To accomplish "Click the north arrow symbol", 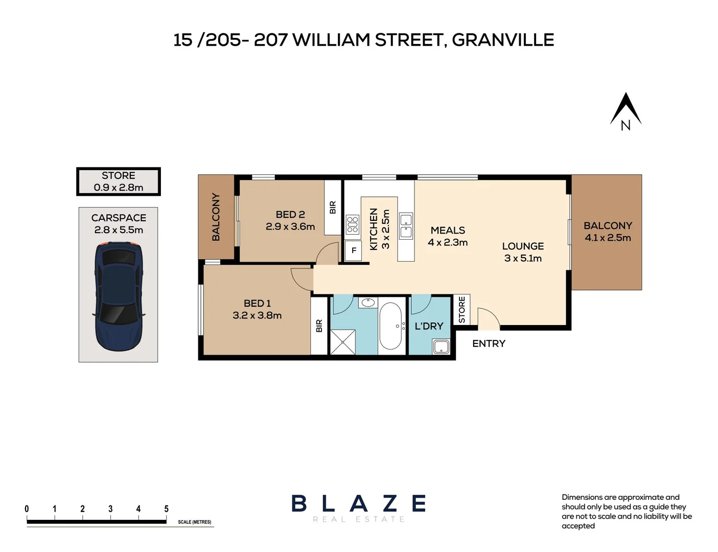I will [626, 111].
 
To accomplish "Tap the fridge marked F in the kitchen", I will [353, 250].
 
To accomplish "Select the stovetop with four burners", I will [352, 224].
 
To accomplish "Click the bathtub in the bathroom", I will [391, 326].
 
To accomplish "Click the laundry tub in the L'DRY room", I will [441, 347].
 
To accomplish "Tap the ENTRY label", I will [489, 343].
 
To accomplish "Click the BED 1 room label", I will [257, 303].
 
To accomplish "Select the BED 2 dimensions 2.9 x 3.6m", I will [290, 226].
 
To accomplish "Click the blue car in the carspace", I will [119, 296].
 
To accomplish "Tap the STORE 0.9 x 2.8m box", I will [119, 181].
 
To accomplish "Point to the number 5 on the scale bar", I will [166, 509].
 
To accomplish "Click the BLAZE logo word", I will [359, 504].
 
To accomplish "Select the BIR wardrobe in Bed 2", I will [333, 207].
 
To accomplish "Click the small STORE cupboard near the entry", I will [461, 309].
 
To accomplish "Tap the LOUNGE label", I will [523, 246].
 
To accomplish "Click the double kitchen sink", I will [406, 226].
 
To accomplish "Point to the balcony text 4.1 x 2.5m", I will [608, 238].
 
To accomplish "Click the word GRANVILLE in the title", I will [503, 40].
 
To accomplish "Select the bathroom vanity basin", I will [367, 303].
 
